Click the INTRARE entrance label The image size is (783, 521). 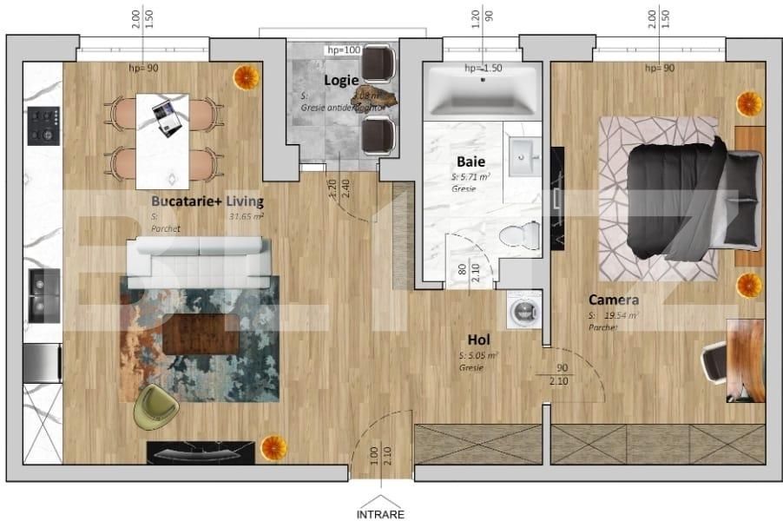[380, 513]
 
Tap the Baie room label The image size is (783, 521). [470, 162]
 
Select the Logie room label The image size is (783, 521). [341, 80]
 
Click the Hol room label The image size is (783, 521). [480, 341]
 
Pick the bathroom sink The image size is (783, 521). [525, 157]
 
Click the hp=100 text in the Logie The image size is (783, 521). [343, 50]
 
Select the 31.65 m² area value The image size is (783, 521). [246, 216]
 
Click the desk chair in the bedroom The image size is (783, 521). [714, 358]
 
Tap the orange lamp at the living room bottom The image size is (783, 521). [273, 447]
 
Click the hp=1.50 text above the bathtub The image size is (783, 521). [483, 68]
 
